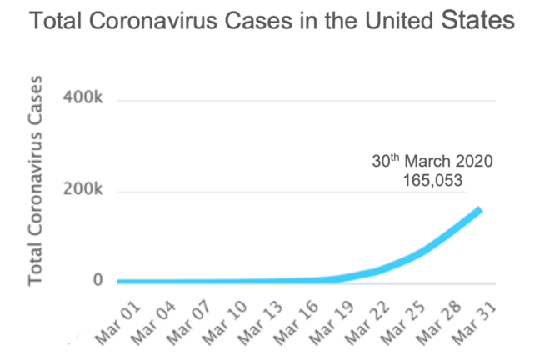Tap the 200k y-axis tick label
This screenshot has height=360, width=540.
tap(82, 192)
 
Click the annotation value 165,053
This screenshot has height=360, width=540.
tap(432, 178)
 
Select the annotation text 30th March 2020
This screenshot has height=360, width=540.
tap(432, 161)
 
